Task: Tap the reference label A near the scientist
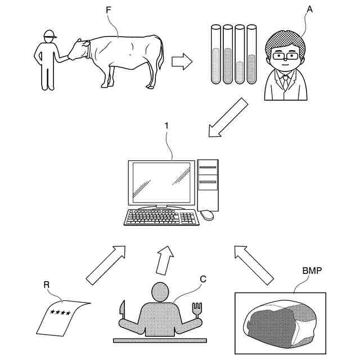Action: pyautogui.click(x=309, y=10)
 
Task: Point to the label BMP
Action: pyautogui.click(x=312, y=271)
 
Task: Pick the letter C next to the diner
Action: pyautogui.click(x=203, y=278)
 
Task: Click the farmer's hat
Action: pyautogui.click(x=49, y=34)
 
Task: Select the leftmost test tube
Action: pyautogui.click(x=215, y=54)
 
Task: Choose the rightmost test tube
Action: pyautogui.click(x=251, y=54)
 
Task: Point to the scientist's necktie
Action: pyautogui.click(x=286, y=83)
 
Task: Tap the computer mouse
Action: pyautogui.click(x=207, y=214)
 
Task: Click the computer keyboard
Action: pyautogui.click(x=161, y=217)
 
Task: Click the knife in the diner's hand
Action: pyautogui.click(x=121, y=310)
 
